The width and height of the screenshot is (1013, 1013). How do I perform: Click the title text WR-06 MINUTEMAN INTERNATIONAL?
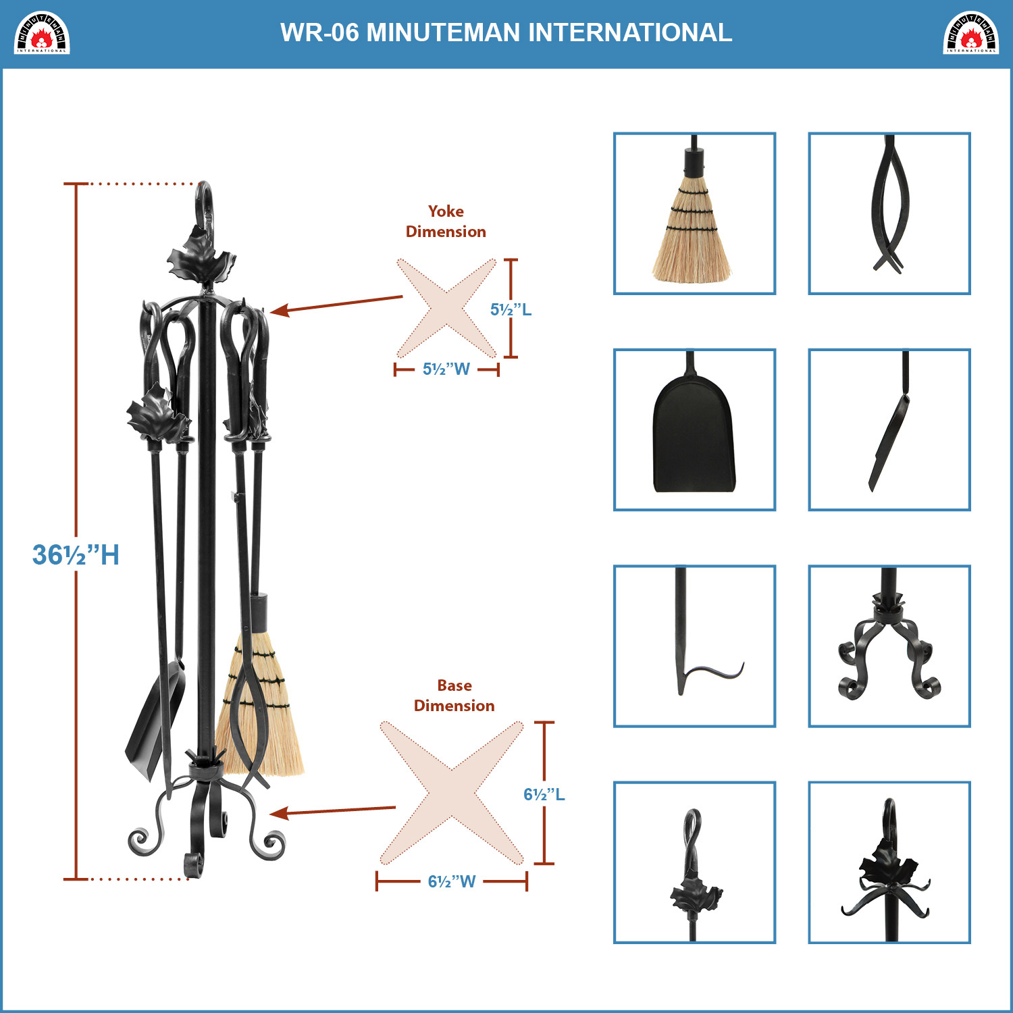click(506, 32)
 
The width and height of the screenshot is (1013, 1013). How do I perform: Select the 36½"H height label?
click(76, 555)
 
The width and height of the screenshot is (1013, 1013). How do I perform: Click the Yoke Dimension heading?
click(446, 222)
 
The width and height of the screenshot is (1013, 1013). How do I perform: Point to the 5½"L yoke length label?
click(511, 309)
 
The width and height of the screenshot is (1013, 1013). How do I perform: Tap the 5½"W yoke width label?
click(446, 369)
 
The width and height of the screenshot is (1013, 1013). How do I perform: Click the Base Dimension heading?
click(454, 696)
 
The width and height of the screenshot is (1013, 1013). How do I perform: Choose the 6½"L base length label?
click(544, 794)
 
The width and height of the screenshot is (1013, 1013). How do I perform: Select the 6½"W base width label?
click(452, 881)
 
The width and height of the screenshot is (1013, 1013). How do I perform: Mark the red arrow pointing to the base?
click(332, 810)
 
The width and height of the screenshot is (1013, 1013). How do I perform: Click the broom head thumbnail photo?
click(694, 213)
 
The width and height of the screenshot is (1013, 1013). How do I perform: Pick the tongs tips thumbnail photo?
click(889, 213)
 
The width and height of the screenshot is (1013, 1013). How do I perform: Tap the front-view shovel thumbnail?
click(694, 430)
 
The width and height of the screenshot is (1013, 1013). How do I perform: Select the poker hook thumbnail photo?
click(694, 646)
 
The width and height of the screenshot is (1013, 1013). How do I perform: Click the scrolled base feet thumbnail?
click(889, 646)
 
